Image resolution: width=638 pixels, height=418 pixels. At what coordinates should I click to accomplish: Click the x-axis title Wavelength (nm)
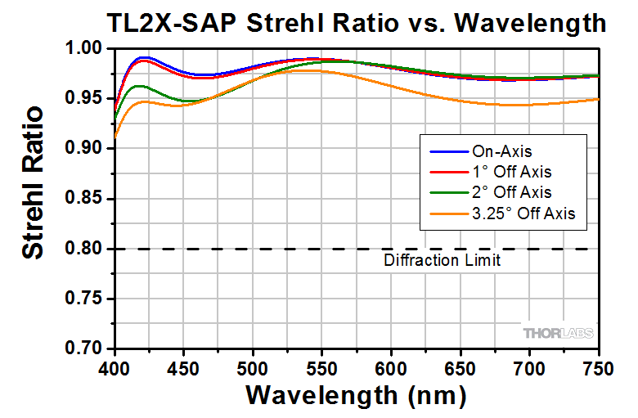point(357,395)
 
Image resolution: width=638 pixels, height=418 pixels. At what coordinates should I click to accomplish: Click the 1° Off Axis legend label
point(511,172)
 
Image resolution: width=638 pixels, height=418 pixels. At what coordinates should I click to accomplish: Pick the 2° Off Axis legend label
point(511,192)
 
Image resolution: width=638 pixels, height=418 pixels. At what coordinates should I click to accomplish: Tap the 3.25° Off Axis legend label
point(523,213)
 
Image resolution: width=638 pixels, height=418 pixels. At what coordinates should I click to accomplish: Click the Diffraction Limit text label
point(442,261)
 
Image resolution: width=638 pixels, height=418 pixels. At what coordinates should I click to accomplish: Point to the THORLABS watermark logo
point(558,333)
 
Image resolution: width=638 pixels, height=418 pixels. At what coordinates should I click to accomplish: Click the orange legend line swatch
point(448,213)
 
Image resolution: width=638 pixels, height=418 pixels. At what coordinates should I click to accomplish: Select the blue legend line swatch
point(448,151)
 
